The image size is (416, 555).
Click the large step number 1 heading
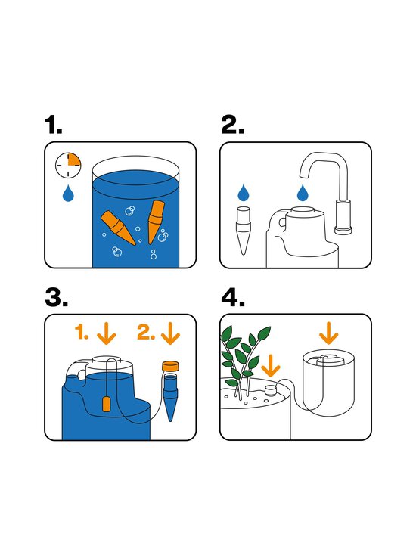tap(53, 126)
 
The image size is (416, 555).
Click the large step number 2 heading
tap(232, 126)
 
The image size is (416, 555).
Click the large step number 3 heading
tap(56, 297)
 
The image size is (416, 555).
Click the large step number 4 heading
tap(233, 297)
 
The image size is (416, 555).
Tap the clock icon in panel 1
tap(68, 165)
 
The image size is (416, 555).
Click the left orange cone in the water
tap(118, 228)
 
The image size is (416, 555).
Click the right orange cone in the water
tap(155, 222)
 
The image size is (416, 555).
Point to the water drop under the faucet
tap(303, 192)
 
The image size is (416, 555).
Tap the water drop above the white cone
tap(244, 193)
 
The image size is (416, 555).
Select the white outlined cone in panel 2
tap(244, 231)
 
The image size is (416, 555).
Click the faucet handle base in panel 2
tap(343, 217)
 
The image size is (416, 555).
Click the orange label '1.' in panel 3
tap(82, 333)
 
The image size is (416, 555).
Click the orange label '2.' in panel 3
tap(146, 333)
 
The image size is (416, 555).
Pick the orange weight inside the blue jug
tap(106, 405)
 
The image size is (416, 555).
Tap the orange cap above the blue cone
tap(170, 366)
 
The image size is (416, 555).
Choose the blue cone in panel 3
tap(170, 397)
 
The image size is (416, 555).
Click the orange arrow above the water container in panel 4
tap(328, 333)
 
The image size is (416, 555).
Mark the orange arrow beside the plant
tap(271, 366)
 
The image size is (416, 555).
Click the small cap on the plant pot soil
tap(271, 390)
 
